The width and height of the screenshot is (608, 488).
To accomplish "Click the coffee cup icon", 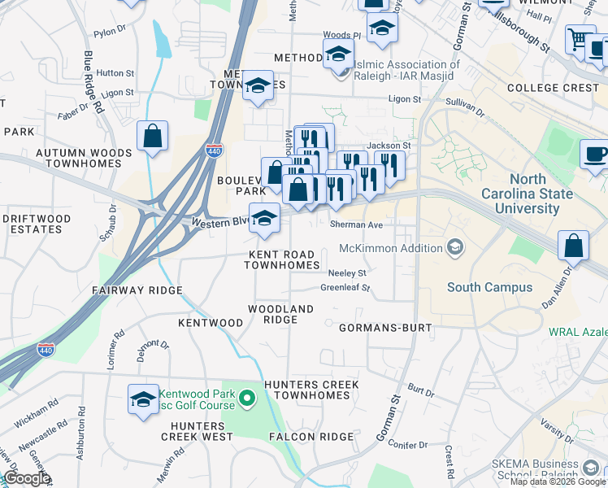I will pyautogui.click(x=594, y=155).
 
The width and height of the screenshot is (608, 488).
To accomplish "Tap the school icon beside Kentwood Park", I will pyautogui.click(x=143, y=400).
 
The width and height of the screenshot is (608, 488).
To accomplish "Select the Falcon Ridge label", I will pyautogui.click(x=312, y=437).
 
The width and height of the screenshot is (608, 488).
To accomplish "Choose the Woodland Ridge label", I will pyautogui.click(x=280, y=315).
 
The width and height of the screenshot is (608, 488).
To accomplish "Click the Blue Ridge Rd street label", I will pyautogui.click(x=93, y=81).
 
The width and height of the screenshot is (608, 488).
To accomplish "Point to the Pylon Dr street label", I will pyautogui.click(x=111, y=33).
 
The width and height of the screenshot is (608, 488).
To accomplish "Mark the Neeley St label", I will pyautogui.click(x=348, y=273).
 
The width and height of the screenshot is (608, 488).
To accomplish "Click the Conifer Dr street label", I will pyautogui.click(x=408, y=445).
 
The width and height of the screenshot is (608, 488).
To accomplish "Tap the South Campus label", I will pyautogui.click(x=489, y=287).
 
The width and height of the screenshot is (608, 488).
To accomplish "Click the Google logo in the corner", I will pyautogui.click(x=27, y=478).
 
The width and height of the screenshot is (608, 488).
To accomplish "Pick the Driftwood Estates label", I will pyautogui.click(x=33, y=224).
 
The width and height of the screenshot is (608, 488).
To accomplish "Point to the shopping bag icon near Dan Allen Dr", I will pyautogui.click(x=574, y=245).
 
